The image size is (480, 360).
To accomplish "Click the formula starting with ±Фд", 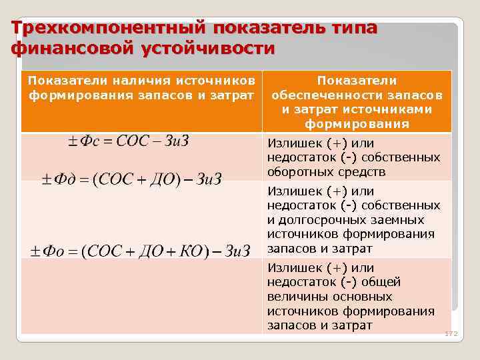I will coord(131,179).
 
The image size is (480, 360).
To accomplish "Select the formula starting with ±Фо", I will coord(139,251).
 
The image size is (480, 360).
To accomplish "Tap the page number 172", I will coord(451,333).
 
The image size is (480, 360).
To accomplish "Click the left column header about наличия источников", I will coord(142,87).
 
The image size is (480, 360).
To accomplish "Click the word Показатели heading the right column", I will coord(357,80).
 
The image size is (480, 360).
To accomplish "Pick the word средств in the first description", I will coord(364,172).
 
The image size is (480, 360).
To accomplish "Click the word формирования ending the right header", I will coord(357,124).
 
